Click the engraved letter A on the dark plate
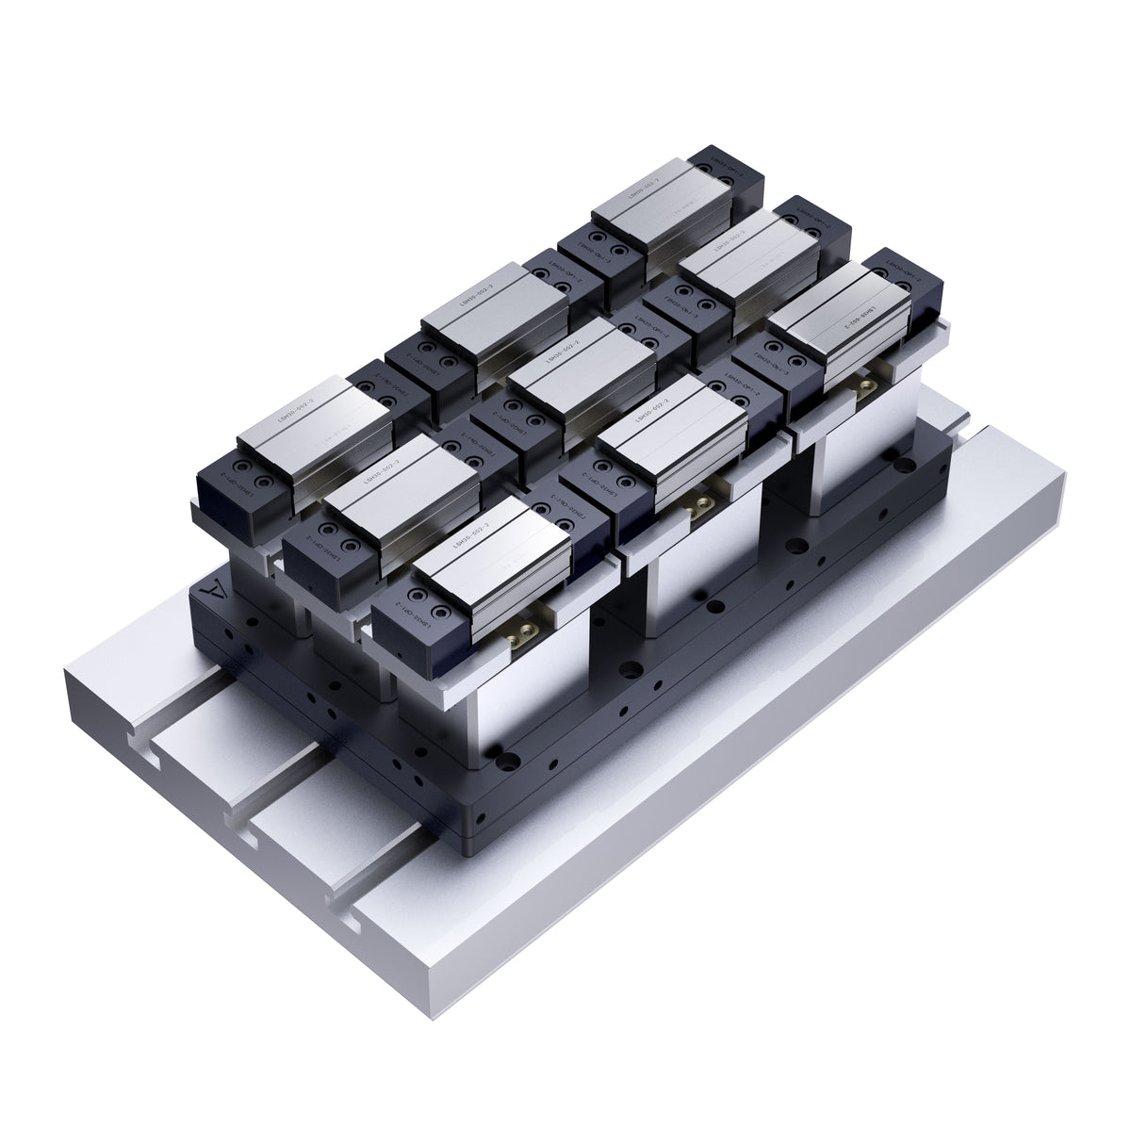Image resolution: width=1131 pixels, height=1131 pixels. (x=216, y=596)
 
